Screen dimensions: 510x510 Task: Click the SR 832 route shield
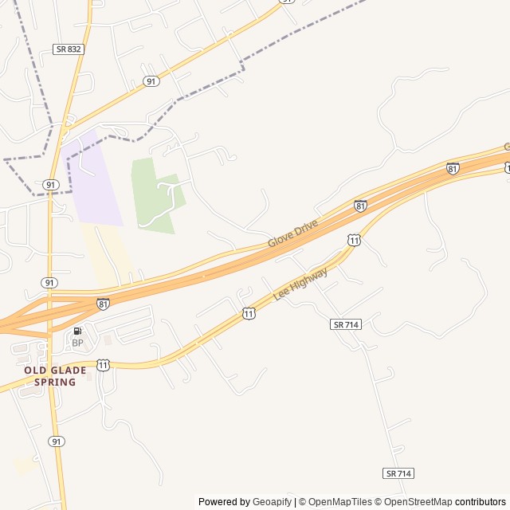(x=69, y=49)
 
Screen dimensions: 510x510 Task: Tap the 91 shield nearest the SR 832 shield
(x=151, y=81)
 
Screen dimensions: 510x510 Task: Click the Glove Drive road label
(x=292, y=233)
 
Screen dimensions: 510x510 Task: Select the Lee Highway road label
(x=300, y=284)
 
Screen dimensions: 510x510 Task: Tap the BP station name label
(x=77, y=343)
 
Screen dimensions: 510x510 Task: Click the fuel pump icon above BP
(x=77, y=331)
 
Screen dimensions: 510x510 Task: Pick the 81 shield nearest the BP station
(x=103, y=304)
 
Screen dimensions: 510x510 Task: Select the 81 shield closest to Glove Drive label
(x=360, y=206)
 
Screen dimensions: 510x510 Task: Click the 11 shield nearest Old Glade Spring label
(x=103, y=364)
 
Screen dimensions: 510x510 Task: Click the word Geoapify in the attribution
(x=272, y=502)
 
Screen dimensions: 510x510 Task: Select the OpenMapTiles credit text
(x=339, y=502)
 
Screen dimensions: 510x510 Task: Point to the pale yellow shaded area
(x=108, y=255)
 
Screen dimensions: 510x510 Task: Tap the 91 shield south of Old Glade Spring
(x=56, y=441)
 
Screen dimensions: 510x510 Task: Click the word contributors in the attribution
(x=481, y=502)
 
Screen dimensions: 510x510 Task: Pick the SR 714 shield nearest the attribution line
(x=398, y=473)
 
